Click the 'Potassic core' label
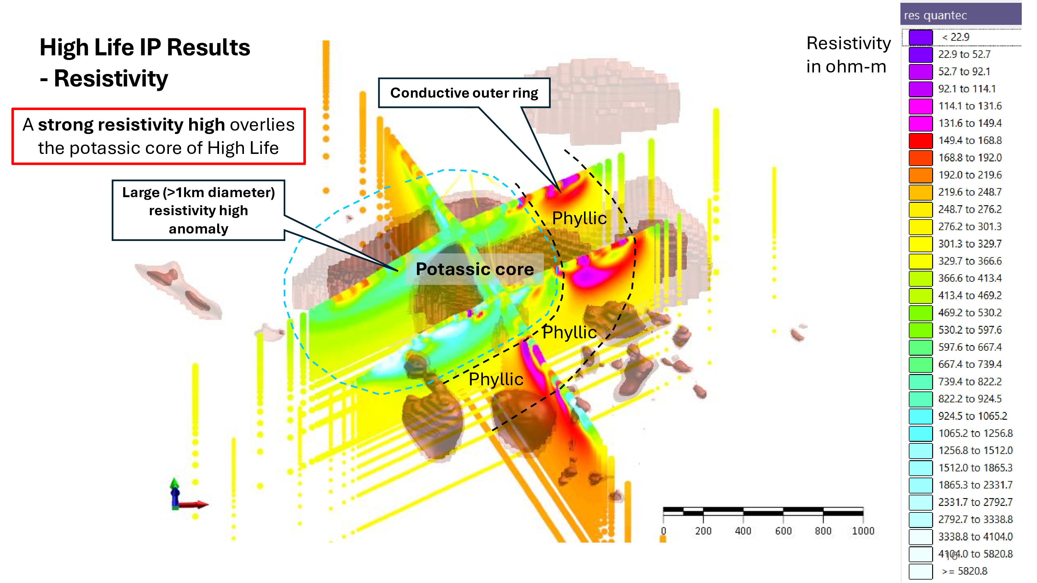tap(474, 269)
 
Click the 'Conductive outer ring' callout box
tap(464, 93)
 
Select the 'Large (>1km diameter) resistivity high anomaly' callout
tap(199, 211)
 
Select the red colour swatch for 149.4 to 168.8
tap(920, 141)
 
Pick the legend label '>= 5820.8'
tap(964, 571)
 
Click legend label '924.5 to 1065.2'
tap(972, 416)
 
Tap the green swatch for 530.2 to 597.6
tap(920, 330)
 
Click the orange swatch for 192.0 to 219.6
tap(920, 175)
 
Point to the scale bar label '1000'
tap(863, 531)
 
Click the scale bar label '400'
tap(743, 531)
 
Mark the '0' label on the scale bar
tap(663, 531)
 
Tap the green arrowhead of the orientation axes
tap(174, 482)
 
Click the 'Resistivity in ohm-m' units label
tap(848, 55)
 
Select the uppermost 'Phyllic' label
tap(579, 218)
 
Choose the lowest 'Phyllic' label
tap(496, 379)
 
